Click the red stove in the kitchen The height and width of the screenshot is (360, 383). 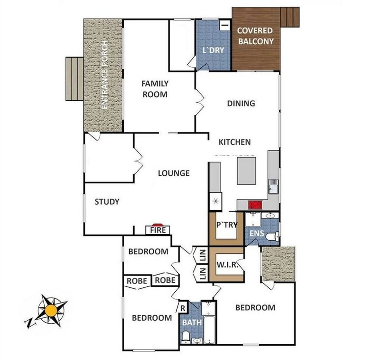pyautogui.click(x=255, y=205)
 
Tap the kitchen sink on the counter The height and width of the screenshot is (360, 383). pyautogui.click(x=273, y=186)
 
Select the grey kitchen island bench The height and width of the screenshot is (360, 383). pyautogui.click(x=246, y=171)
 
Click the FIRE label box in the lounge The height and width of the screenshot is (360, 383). pyautogui.click(x=158, y=230)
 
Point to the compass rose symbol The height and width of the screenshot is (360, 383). pyautogui.click(x=52, y=310)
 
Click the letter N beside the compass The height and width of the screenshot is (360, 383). pyautogui.click(x=29, y=323)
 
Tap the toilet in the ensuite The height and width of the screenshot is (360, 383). pyautogui.click(x=273, y=236)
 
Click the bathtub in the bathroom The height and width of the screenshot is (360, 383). pyautogui.click(x=210, y=330)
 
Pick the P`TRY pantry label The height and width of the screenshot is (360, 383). pyautogui.click(x=227, y=225)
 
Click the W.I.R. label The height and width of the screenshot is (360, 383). pyautogui.click(x=227, y=265)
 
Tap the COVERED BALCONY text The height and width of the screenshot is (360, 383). pyautogui.click(x=255, y=36)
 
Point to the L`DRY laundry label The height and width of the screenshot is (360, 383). pyautogui.click(x=214, y=50)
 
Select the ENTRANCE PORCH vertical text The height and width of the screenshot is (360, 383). pyautogui.click(x=104, y=75)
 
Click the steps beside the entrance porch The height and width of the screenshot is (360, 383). pyautogui.click(x=75, y=79)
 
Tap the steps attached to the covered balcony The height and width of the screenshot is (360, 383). pyautogui.click(x=290, y=17)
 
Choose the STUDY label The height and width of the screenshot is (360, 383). pyautogui.click(x=107, y=202)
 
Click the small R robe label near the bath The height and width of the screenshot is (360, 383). pyautogui.click(x=183, y=308)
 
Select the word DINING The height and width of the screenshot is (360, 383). pyautogui.click(x=241, y=103)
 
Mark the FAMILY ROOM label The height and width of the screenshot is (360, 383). pyautogui.click(x=155, y=89)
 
